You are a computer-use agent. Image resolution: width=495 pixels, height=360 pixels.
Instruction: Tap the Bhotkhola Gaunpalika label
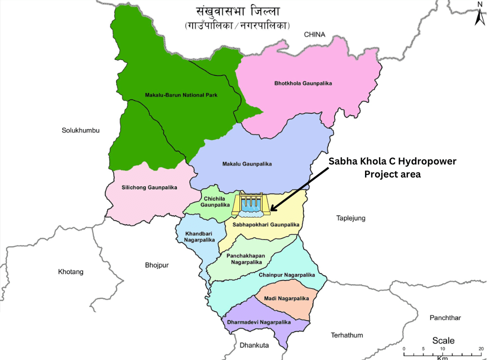(303, 83)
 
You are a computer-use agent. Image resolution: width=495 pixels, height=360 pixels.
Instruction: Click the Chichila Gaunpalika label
(215, 201)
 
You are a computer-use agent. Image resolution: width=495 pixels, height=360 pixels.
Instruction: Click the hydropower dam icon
(251, 204)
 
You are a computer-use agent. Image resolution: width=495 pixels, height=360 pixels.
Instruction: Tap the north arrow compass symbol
(479, 14)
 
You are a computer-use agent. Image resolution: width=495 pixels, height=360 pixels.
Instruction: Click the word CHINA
(314, 34)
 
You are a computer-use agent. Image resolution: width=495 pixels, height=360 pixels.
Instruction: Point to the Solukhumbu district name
(81, 130)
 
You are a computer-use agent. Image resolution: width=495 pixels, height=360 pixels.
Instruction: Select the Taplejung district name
(350, 218)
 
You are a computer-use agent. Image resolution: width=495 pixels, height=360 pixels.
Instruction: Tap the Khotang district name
(70, 272)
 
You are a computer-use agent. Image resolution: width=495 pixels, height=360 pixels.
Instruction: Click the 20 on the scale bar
(481, 348)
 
